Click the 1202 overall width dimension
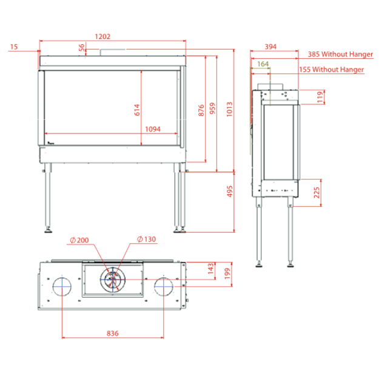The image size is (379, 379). click(x=102, y=36)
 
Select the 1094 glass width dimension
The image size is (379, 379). click(x=153, y=129)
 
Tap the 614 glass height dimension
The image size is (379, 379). click(x=137, y=110)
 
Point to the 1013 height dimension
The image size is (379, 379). click(x=229, y=109)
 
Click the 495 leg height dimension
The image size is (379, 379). click(x=230, y=191)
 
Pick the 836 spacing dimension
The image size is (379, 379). click(x=112, y=334)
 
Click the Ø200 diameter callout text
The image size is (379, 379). click(x=79, y=240)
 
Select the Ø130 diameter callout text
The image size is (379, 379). click(x=147, y=239)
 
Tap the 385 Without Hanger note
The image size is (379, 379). click(x=340, y=54)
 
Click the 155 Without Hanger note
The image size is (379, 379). click(x=331, y=70)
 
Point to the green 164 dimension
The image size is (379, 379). click(x=263, y=64)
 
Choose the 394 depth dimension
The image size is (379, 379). click(x=270, y=47)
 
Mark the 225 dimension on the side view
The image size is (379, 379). click(x=317, y=192)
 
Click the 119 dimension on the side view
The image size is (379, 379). click(x=320, y=96)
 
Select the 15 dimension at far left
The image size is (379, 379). click(x=14, y=47)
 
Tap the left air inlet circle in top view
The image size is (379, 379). click(x=62, y=287)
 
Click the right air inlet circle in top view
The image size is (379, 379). click(x=164, y=287)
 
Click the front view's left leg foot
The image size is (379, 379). click(x=48, y=230)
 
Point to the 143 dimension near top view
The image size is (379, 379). click(x=210, y=269)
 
